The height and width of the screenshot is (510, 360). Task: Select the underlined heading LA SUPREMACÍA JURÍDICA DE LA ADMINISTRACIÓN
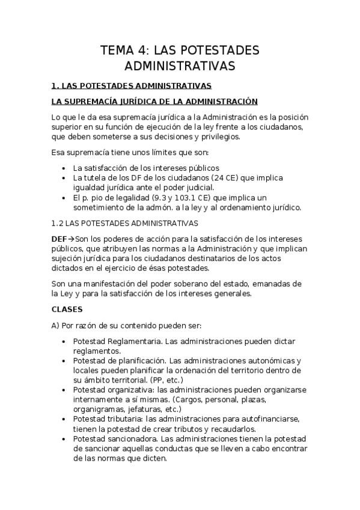(x=154, y=101)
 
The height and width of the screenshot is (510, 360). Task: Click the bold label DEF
(x=59, y=239)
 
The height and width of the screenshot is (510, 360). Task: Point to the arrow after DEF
(x=71, y=239)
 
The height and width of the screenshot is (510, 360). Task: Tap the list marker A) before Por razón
(x=56, y=325)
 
